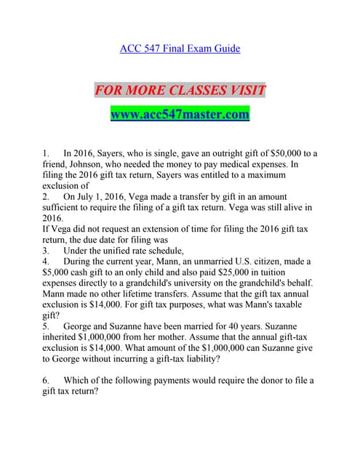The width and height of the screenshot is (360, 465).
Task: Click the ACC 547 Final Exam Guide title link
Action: coord(180,49)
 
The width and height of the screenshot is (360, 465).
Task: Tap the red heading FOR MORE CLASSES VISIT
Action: coord(180,91)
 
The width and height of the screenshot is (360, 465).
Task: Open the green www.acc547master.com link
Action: coord(180,115)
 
